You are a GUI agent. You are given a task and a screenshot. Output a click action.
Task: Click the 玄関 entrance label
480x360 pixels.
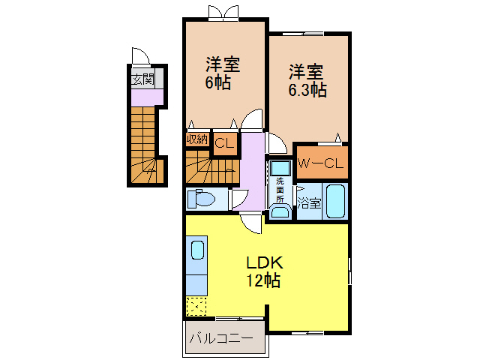coord(142,79)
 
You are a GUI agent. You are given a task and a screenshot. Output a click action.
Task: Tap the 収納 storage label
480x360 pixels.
coord(197,139)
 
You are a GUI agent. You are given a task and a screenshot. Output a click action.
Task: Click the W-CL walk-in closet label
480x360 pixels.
coord(321,162)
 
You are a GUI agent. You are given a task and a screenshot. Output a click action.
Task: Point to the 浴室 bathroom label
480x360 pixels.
coord(309,202)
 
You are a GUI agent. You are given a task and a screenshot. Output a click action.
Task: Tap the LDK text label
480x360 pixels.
coord(264,264)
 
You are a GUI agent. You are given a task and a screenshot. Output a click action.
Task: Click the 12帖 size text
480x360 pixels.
coord(264,282)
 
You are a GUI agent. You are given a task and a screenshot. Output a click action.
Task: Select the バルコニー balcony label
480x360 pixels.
coord(220,338)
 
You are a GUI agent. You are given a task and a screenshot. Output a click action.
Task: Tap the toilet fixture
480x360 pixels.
coord(202,199)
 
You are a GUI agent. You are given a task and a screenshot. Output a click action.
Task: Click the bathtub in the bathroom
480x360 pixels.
coord(334,201)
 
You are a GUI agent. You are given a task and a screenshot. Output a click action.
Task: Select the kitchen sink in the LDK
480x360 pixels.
coord(197,250)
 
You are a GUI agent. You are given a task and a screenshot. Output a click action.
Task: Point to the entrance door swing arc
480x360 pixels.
coord(140,57)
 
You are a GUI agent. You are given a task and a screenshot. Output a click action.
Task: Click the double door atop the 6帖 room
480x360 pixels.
coord(224,13)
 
